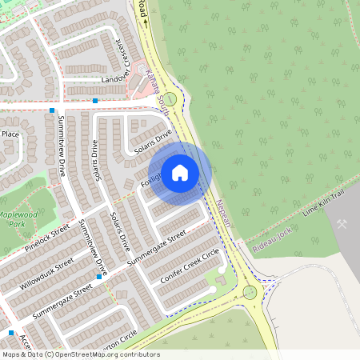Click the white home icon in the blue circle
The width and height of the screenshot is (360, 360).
[x=180, y=173]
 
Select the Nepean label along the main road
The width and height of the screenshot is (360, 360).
[x=221, y=212]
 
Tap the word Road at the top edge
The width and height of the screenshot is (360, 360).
[x=142, y=8]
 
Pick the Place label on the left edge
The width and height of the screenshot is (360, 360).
[x=10, y=134]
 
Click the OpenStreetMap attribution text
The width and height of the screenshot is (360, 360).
[x=80, y=354]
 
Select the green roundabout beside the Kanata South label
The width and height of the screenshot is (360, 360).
[x=170, y=98]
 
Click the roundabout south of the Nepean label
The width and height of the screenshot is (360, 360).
[x=250, y=292]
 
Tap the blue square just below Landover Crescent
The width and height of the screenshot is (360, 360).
[x=95, y=101]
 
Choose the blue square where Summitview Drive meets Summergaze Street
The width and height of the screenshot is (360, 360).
[x=99, y=277]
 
